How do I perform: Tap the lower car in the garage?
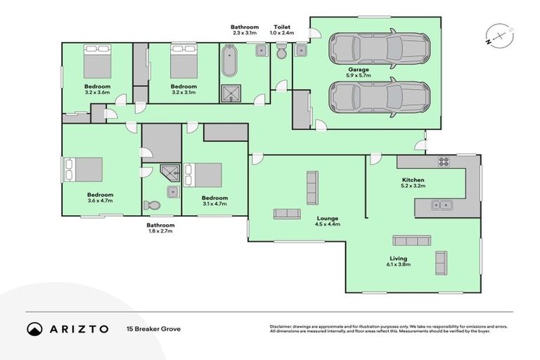379,98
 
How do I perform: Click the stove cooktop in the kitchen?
444,162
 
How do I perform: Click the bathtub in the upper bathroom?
230,63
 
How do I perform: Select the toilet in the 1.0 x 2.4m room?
281,53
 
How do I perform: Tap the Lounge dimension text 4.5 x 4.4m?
327,224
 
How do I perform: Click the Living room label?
398,259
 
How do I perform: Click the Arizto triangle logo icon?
34,329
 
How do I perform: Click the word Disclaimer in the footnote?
283,326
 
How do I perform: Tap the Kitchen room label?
413,181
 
